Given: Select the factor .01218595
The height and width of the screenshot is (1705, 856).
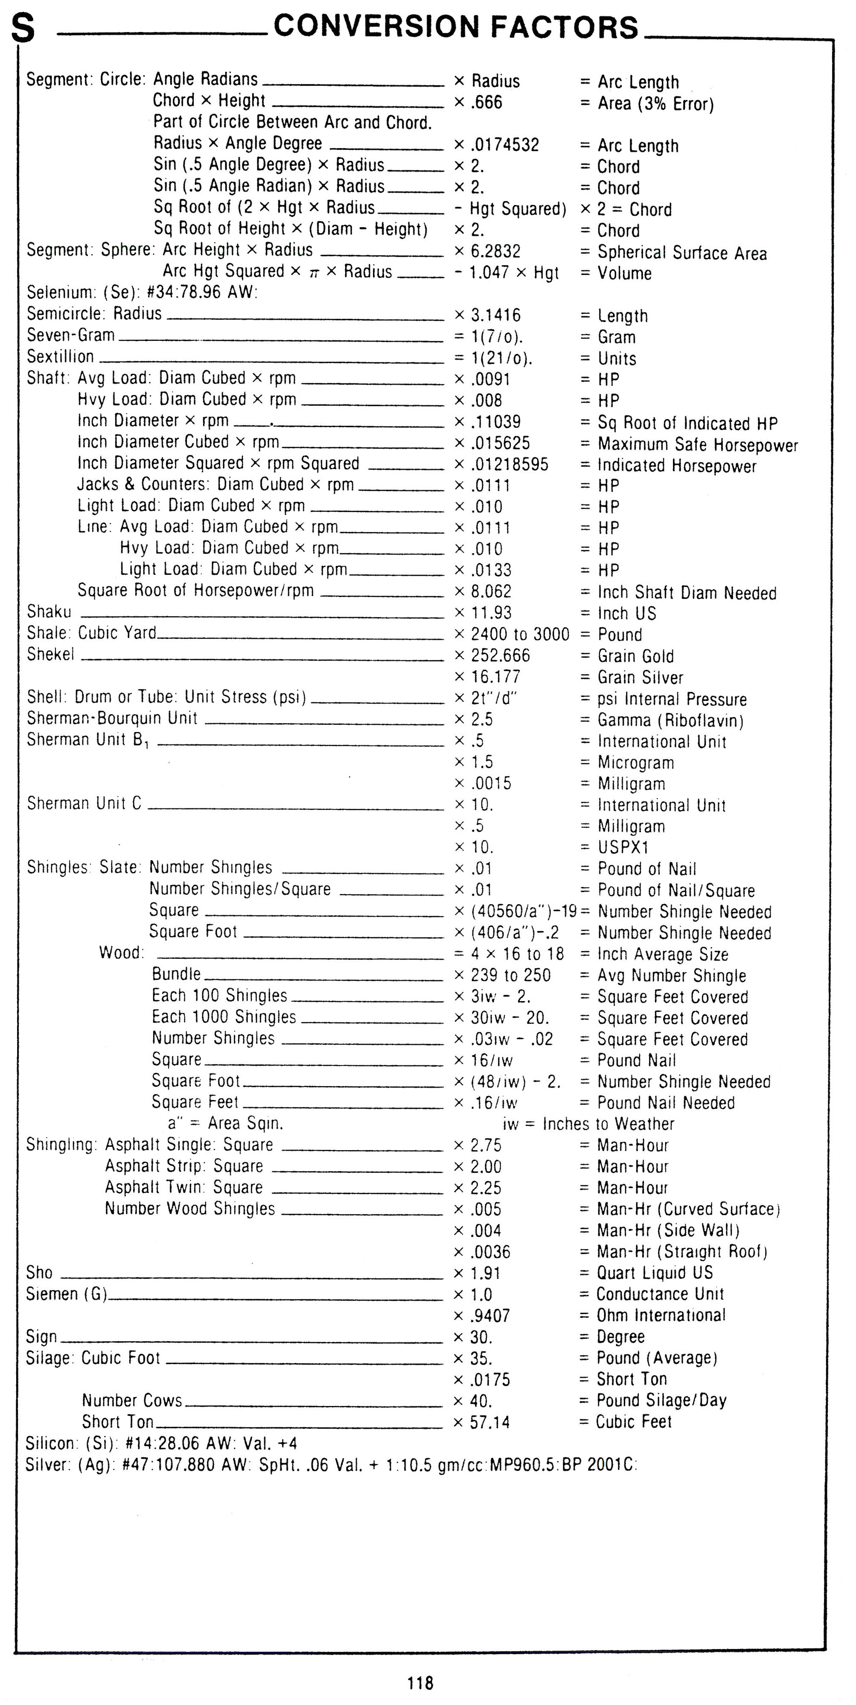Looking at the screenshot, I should [x=510, y=465].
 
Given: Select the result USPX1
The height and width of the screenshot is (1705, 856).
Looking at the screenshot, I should [x=623, y=847].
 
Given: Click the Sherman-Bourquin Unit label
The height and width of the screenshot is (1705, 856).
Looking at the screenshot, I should [x=113, y=718].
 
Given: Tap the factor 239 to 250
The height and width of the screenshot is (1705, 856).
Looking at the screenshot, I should [x=510, y=976].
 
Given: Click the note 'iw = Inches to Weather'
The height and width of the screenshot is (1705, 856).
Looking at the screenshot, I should [x=588, y=1124].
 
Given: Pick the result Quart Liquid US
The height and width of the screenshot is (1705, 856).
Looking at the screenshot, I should [x=654, y=1272].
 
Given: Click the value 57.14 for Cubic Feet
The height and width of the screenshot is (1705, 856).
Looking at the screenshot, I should [x=489, y=1422].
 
